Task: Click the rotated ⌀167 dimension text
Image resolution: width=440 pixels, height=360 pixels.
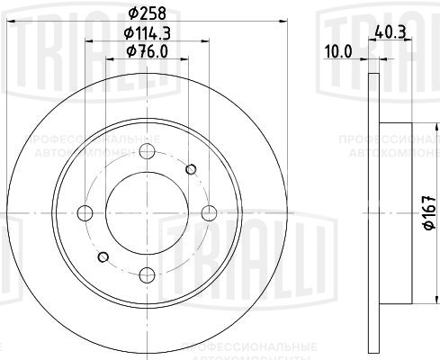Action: click(x=427, y=212)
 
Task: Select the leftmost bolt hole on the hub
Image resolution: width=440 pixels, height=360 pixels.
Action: click(x=85, y=212)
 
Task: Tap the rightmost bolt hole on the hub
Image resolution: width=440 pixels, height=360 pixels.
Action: click(x=209, y=211)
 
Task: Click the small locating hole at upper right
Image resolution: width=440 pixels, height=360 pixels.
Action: click(x=190, y=168)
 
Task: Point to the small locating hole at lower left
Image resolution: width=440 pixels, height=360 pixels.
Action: click(x=103, y=256)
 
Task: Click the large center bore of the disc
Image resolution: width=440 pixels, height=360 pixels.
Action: click(x=147, y=212)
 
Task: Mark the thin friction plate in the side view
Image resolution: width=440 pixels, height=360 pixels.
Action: click(x=372, y=212)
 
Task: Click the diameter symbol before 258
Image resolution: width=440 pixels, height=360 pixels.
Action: click(x=132, y=13)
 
